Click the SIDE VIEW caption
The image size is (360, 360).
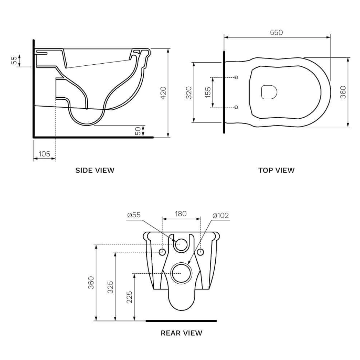click(95, 170)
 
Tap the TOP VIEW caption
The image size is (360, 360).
click(276, 170)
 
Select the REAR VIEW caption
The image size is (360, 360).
click(181, 333)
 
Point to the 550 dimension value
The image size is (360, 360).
click(276, 33)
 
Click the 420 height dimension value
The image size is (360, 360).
click(163, 93)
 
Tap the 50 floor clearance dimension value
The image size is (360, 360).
click(138, 131)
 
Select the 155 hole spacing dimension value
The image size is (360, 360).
click(208, 92)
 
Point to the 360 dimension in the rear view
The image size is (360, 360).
click(91, 283)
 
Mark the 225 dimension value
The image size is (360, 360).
click(129, 297)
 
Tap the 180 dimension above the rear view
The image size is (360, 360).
click(181, 213)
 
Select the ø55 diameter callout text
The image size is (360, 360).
click(134, 215)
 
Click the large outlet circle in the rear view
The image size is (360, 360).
click(181, 273)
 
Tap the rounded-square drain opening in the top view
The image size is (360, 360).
click(269, 92)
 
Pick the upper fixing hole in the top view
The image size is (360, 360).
click(236, 77)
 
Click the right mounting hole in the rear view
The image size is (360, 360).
click(200, 252)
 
